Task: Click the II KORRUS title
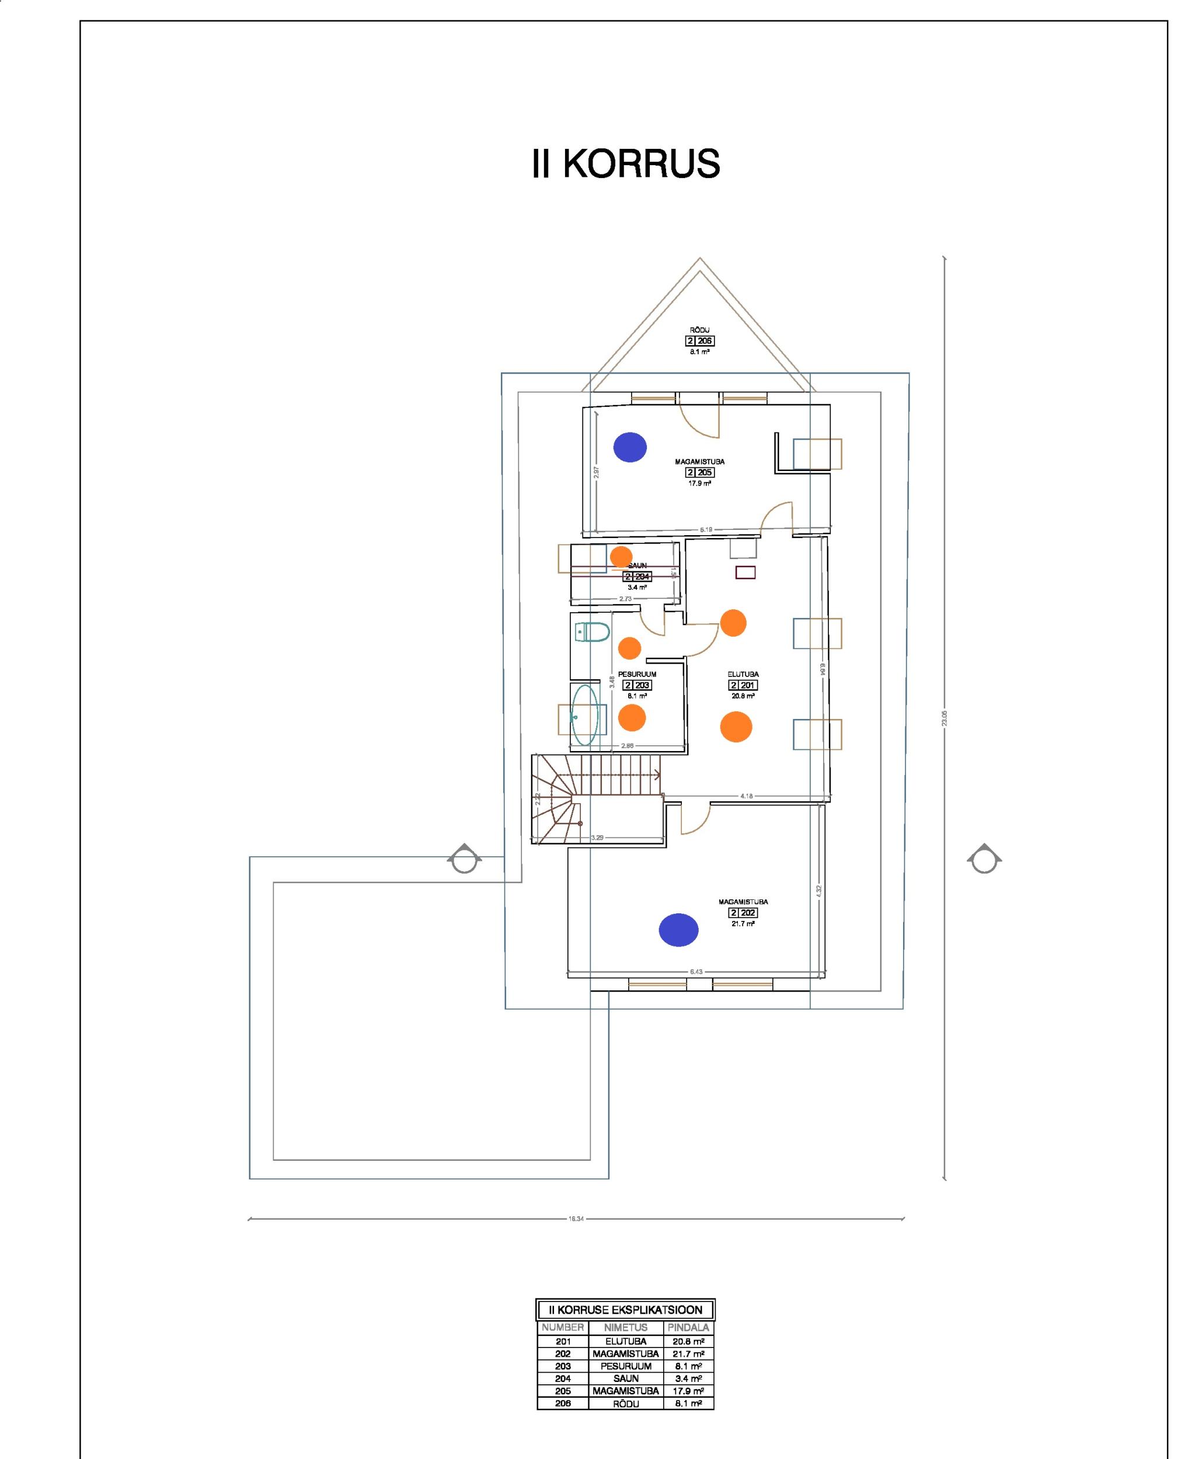pos(625,164)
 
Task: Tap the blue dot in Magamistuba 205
pos(629,448)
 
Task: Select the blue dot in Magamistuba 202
pos(678,930)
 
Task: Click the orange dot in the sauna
pos(621,557)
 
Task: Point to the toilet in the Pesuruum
pos(593,632)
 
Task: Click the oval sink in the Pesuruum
pos(585,715)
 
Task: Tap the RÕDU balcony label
pos(699,330)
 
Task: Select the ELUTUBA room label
pos(743,675)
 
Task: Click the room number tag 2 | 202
pos(743,913)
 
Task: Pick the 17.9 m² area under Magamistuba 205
pos(699,483)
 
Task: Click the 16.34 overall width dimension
pos(576,1218)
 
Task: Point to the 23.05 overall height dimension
pos(945,718)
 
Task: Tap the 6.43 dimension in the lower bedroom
pos(696,971)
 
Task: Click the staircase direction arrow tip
pos(659,775)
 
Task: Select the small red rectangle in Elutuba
pos(745,573)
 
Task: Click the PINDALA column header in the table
pos(688,1328)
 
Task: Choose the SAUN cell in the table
pos(625,1378)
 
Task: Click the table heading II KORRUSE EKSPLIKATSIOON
pos(625,1310)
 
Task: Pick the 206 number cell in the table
pos(563,1403)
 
